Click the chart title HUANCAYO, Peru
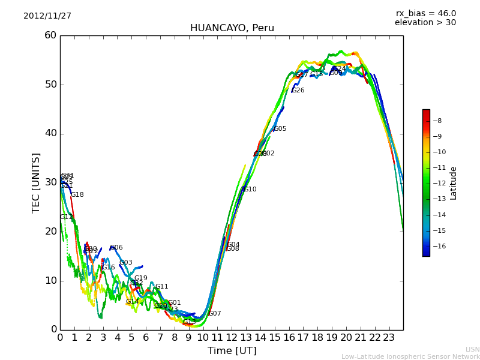pyautogui.click(x=232, y=28)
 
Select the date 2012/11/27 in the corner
pyautogui.click(x=47, y=16)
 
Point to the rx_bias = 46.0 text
pyautogui.click(x=425, y=13)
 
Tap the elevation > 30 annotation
pyautogui.click(x=425, y=23)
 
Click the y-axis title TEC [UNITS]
pyautogui.click(x=36, y=182)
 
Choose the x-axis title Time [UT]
pyautogui.click(x=232, y=351)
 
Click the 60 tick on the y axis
pyautogui.click(x=50, y=35)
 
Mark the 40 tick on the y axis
pyautogui.click(x=50, y=133)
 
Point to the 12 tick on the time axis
pyautogui.click(x=232, y=338)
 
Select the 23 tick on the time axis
pyautogui.click(x=389, y=338)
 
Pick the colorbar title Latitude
pyautogui.click(x=454, y=183)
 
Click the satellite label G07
pyautogui.click(x=215, y=314)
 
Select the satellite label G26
pyautogui.click(x=298, y=91)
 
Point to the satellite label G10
pyautogui.click(x=250, y=190)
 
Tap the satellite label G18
pyautogui.click(x=77, y=195)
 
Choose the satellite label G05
pyautogui.click(x=280, y=129)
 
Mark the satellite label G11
pyautogui.click(x=162, y=287)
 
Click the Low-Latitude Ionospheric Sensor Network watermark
pyautogui.click(x=410, y=356)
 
